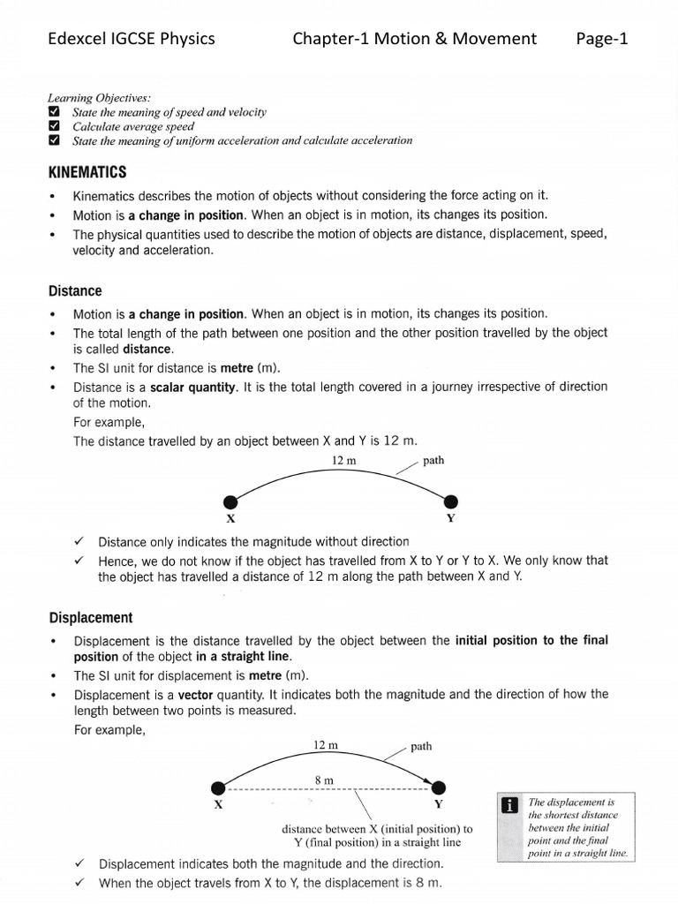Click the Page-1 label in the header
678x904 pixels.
601,38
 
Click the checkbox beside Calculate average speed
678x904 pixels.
54,126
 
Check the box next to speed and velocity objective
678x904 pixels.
54,112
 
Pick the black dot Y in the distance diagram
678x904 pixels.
451,501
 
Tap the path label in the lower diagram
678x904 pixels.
421,746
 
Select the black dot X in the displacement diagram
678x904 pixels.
218,787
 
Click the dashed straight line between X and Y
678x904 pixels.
327,788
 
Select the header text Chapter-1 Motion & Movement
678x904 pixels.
415,38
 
